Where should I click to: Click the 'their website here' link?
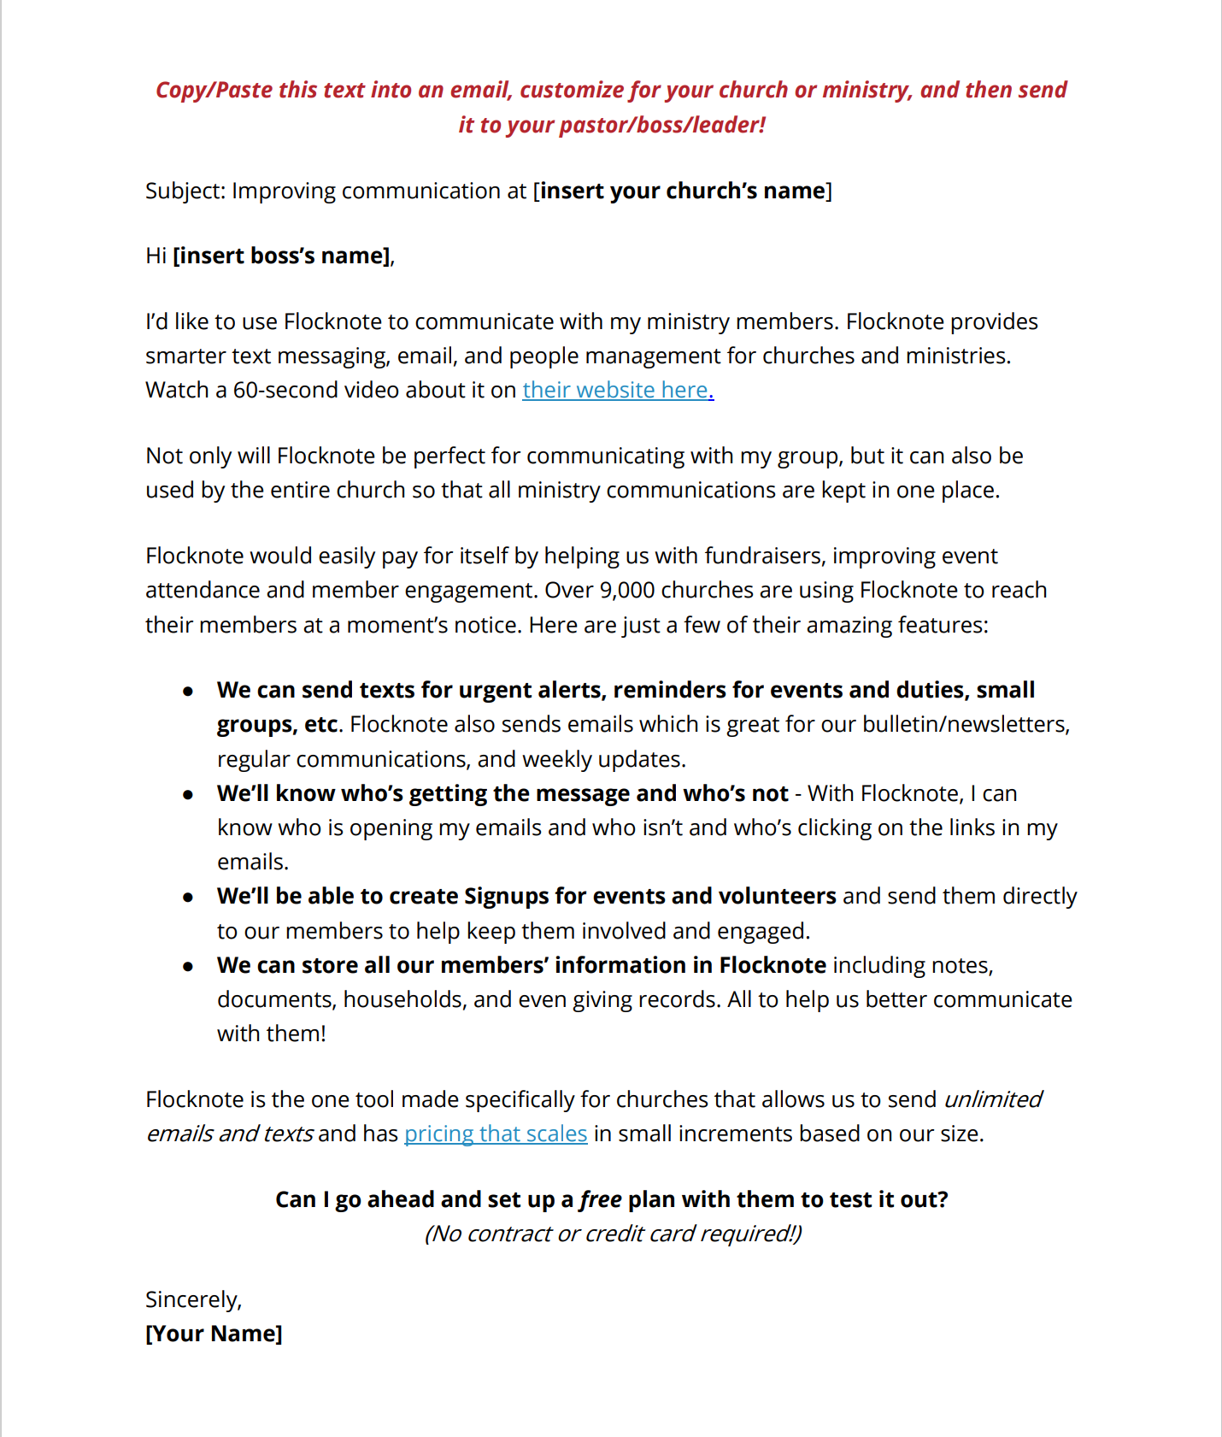617,390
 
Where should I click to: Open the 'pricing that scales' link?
495,1134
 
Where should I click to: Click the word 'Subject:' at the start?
185,191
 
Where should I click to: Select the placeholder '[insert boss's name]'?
282,256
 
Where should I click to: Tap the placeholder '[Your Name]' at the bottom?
214,1334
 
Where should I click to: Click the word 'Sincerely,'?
194,1299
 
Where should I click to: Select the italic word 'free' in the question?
601,1199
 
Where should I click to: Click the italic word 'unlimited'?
992,1099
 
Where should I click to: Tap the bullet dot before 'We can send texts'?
188,691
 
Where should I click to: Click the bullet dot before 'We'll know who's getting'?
188,794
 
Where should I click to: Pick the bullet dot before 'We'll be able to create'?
188,897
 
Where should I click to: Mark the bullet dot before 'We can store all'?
188,966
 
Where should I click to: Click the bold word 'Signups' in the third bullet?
506,896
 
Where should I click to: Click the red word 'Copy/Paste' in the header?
213,91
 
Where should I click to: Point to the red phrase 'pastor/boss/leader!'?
662,126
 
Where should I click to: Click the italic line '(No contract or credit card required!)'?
613,1234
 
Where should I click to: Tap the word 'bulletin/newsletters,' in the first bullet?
965,725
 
